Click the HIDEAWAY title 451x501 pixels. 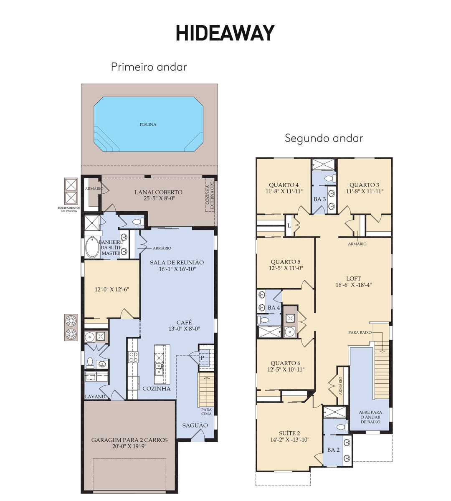tap(225, 33)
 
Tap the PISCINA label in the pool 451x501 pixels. tap(148, 124)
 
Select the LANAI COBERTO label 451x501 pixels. tap(158, 192)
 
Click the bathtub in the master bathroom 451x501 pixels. tap(92, 247)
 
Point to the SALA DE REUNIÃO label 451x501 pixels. tap(177, 263)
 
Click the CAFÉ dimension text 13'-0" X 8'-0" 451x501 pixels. tap(184, 329)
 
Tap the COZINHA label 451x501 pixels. tap(157, 389)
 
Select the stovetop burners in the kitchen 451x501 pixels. tap(133, 357)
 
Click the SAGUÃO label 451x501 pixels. tap(195, 425)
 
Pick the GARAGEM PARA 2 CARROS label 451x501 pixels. tap(129, 440)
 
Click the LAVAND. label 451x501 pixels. tap(96, 397)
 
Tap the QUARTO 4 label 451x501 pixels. tap(284, 185)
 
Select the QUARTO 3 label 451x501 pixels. tap(364, 185)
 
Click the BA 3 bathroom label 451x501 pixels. tap(320, 199)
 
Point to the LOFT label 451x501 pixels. tap(354, 278)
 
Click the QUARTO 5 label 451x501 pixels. tap(286, 262)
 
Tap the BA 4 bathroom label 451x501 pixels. tap(274, 308)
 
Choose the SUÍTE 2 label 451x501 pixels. tap(289, 433)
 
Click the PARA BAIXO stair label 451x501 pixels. tap(360, 332)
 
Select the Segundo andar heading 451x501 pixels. tap(324, 138)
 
